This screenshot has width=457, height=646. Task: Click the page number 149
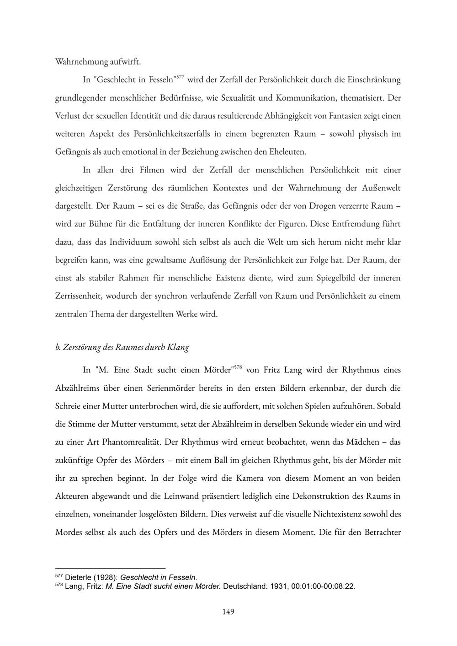tap(228, 612)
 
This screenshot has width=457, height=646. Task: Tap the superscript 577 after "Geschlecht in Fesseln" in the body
tap(180, 77)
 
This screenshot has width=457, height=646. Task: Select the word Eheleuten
tap(287, 152)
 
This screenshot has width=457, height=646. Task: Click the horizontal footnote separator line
tap(110, 568)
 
